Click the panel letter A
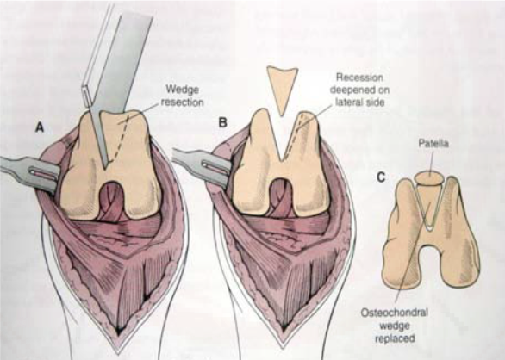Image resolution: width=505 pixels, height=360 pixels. [40, 127]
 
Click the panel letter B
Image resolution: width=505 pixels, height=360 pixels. [222, 123]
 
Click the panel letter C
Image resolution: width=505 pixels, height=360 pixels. [381, 177]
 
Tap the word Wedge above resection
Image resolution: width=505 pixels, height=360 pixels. [182, 90]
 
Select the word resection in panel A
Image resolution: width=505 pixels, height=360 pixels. [183, 102]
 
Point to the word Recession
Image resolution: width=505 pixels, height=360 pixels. [359, 78]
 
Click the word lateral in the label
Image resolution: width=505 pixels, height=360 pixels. [347, 102]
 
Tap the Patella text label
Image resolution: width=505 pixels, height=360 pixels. [433, 144]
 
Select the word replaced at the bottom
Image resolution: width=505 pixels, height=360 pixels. [395, 338]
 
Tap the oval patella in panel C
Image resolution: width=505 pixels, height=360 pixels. [428, 178]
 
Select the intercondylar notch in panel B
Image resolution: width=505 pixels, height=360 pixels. [280, 197]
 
